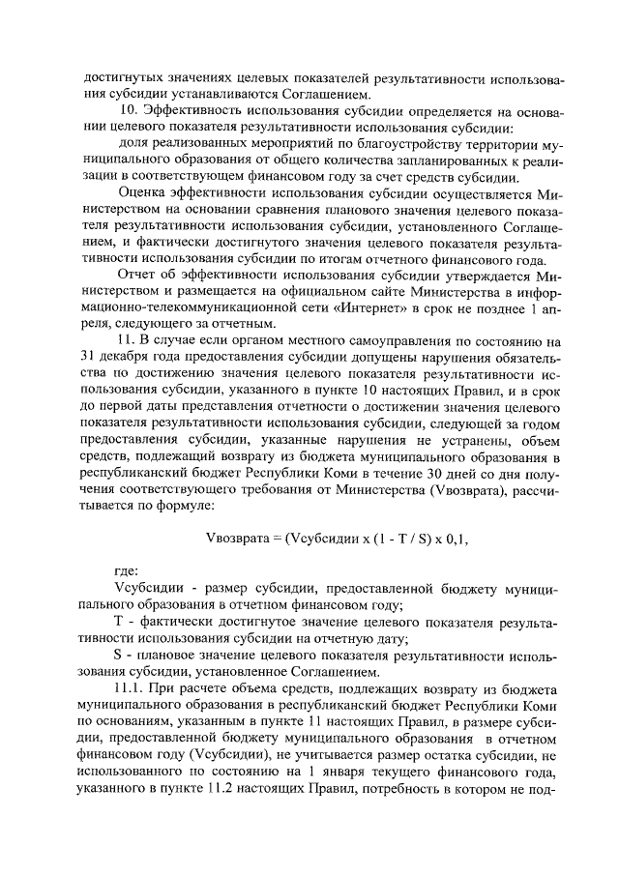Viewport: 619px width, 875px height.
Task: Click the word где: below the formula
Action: tap(127, 569)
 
